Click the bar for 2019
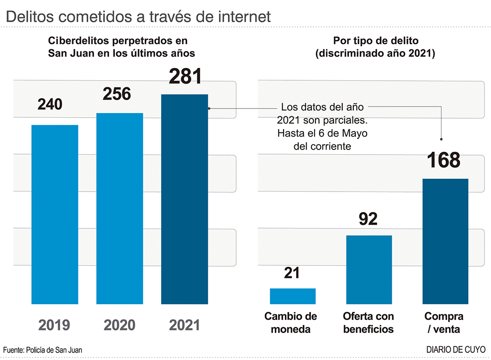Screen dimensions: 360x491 [55, 214]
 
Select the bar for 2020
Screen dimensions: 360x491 [120, 208]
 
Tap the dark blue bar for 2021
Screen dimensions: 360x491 [184, 199]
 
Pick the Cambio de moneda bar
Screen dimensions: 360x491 [292, 296]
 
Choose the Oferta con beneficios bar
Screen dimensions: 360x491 [369, 270]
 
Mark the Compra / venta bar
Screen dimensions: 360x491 [445, 241]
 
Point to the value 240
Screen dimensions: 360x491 [50, 104]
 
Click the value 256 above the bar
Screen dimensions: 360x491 [117, 94]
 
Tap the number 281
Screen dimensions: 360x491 [185, 76]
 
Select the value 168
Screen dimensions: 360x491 [443, 160]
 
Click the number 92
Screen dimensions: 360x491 [368, 219]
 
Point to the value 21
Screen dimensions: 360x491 [292, 273]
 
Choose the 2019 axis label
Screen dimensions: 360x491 [54, 325]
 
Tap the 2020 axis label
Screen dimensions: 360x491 [119, 325]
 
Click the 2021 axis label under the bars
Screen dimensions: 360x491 [184, 325]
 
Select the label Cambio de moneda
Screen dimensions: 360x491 [291, 323]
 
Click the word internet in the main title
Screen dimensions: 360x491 [237, 17]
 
